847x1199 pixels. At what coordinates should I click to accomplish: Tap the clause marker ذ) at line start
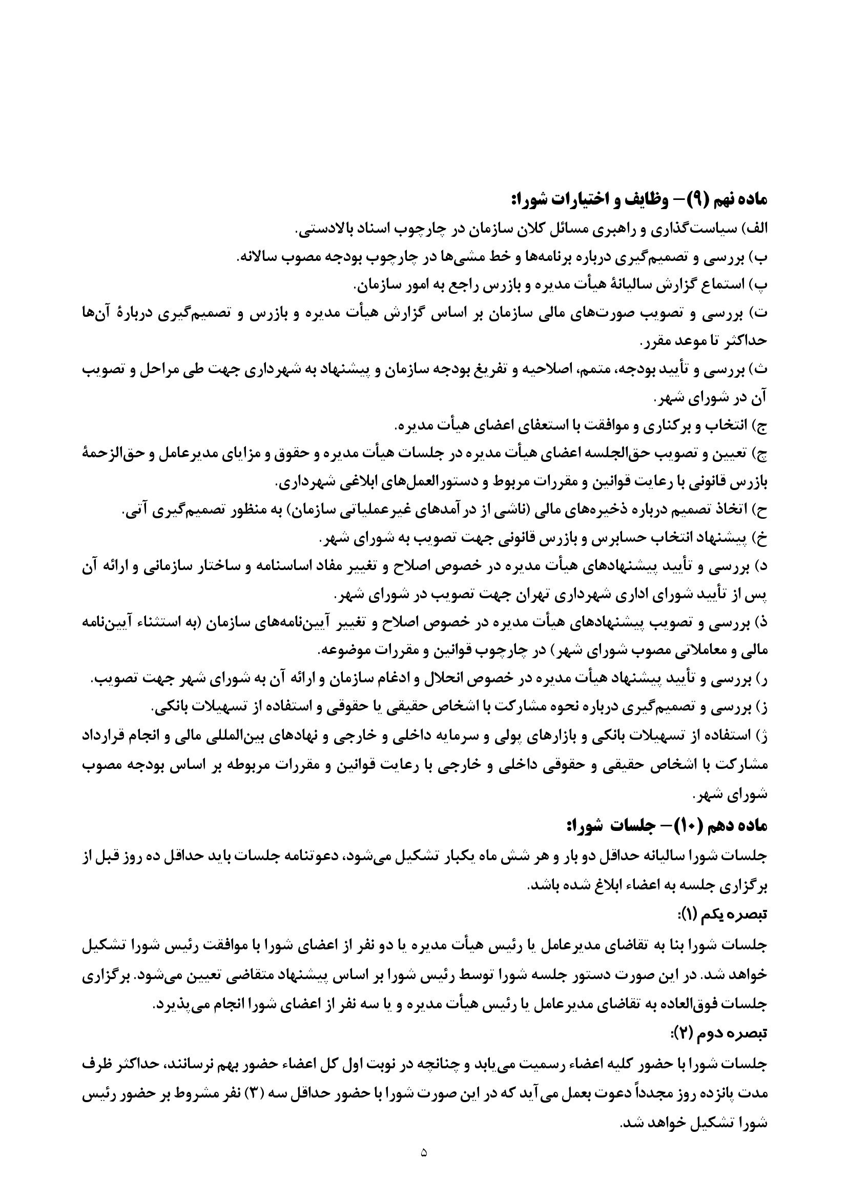pyautogui.click(x=760, y=623)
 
